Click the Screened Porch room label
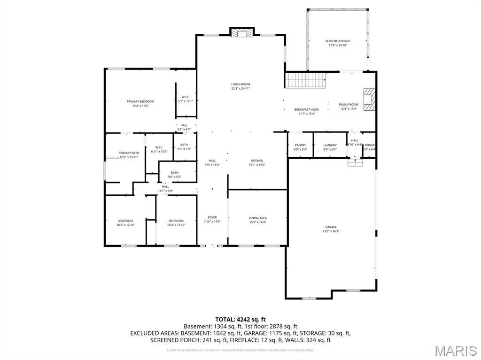tap(338, 41)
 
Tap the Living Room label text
tap(240, 84)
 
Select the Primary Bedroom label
tap(140, 101)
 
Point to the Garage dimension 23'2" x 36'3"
tap(331, 231)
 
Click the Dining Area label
tap(257, 218)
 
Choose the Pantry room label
tap(300, 146)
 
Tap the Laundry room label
tap(330, 146)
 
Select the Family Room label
tap(349, 105)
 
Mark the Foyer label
tap(212, 217)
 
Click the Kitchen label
tap(256, 161)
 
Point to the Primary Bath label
tap(128, 153)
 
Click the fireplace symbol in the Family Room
tap(370, 100)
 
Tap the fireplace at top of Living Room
tap(241, 33)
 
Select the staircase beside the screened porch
tap(306, 80)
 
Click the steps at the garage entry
tap(355, 162)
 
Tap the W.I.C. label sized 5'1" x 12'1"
tap(185, 97)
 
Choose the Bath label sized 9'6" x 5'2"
tap(175, 173)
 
